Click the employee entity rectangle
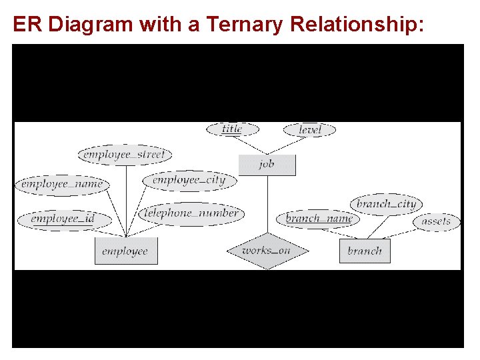click(x=126, y=251)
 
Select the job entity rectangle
click(x=267, y=165)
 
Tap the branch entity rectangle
click(x=365, y=251)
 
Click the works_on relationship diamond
click(x=267, y=251)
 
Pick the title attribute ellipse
click(x=232, y=129)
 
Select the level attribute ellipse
click(x=309, y=130)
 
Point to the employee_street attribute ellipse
click(x=125, y=155)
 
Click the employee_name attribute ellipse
click(x=61, y=184)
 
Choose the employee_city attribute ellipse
click(x=189, y=180)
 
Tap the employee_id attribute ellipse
click(x=63, y=219)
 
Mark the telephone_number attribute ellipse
click(x=192, y=214)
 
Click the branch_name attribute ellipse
click(x=319, y=219)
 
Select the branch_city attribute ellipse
click(x=386, y=204)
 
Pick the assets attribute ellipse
click(x=436, y=221)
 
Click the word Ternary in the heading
click(x=246, y=25)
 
